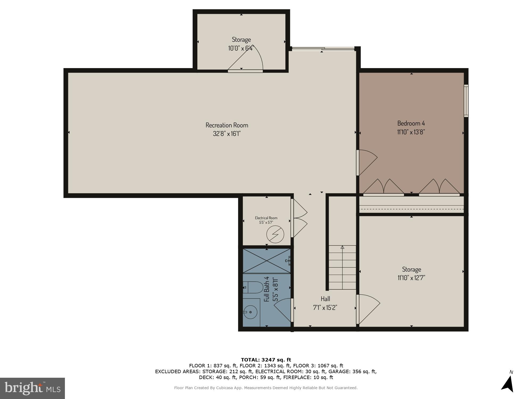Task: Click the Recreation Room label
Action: (227, 125)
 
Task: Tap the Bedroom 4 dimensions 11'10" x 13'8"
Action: (411, 132)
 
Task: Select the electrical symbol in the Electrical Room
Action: (275, 234)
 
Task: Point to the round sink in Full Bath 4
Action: (250, 312)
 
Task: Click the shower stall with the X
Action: (267, 260)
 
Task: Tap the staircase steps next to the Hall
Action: (343, 267)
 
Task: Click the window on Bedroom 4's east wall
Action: (466, 101)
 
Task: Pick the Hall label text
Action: (325, 299)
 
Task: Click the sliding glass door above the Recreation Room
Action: (323, 49)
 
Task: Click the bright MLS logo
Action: (32, 388)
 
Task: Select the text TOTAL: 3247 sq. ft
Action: (266, 360)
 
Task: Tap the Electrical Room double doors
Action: (299, 218)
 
